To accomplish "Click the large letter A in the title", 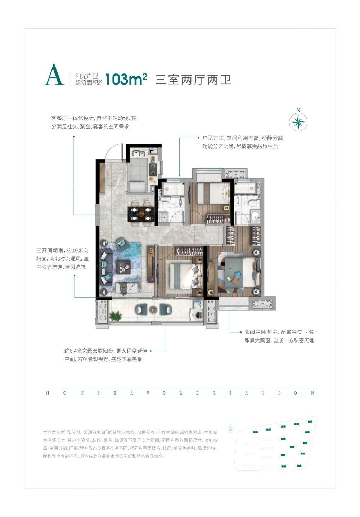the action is click(x=54, y=74).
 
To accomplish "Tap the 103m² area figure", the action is click(x=126, y=80).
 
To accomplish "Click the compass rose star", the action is click(x=298, y=121).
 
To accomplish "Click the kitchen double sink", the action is click(x=138, y=153).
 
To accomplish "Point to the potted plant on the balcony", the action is click(x=115, y=316).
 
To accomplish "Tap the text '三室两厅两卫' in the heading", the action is click(x=193, y=80).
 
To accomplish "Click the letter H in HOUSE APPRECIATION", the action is click(x=48, y=393).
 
